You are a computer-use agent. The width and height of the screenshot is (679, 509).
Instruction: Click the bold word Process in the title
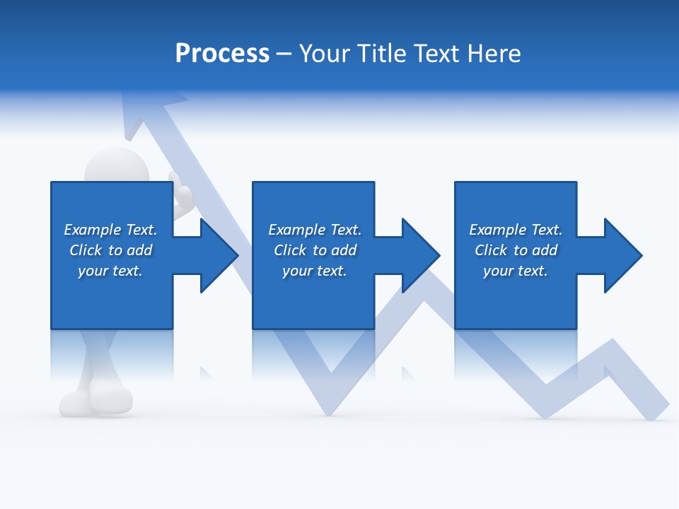pyautogui.click(x=222, y=54)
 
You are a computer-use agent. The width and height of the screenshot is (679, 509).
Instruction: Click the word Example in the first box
pyautogui.click(x=93, y=230)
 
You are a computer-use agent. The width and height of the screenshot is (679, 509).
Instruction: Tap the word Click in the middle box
pyautogui.click(x=291, y=250)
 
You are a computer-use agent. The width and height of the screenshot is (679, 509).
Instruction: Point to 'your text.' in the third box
pyautogui.click(x=515, y=271)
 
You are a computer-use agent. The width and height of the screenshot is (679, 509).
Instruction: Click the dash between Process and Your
pyautogui.click(x=284, y=54)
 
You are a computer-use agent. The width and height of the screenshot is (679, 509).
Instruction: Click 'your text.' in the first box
pyautogui.click(x=110, y=271)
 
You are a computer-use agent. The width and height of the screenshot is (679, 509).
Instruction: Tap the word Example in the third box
pyautogui.click(x=498, y=230)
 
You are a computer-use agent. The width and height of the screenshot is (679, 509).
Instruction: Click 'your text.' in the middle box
pyautogui.click(x=314, y=271)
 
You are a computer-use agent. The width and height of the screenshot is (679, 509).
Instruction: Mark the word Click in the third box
pyautogui.click(x=492, y=250)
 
